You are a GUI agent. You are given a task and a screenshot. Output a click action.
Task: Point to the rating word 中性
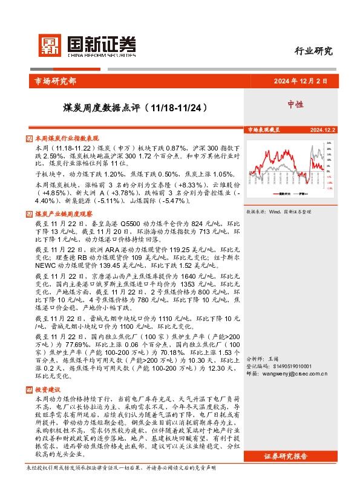(296, 104)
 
